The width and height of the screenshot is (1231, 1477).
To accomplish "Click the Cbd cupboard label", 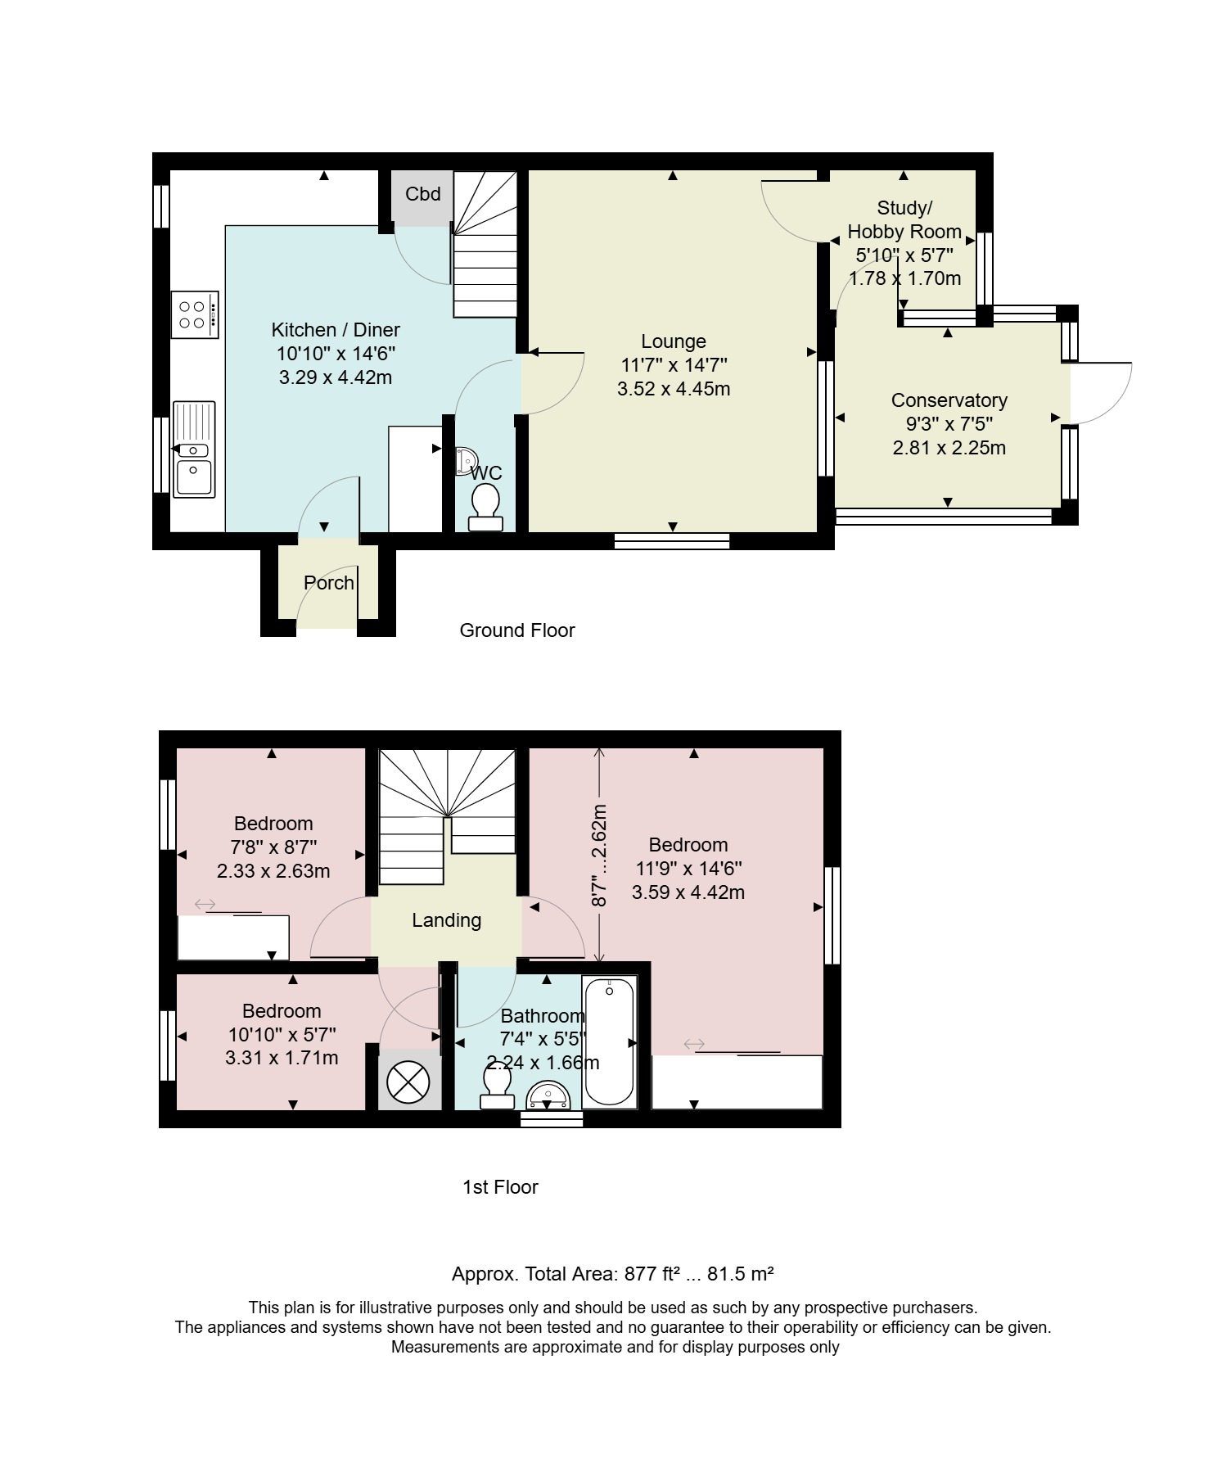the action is pos(423,194).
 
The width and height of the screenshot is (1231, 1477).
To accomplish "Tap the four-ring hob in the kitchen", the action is pos(195,314).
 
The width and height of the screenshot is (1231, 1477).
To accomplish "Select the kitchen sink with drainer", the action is pos(194,449).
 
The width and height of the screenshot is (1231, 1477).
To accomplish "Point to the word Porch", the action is pos(329,583).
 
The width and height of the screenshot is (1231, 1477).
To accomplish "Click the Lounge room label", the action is pos(674,341).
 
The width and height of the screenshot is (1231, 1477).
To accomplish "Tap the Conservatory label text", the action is pos(949,400).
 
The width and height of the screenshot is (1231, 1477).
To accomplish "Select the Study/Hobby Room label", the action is pos(904,219).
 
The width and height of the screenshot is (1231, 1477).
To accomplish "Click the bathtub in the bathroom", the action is pos(610,1041).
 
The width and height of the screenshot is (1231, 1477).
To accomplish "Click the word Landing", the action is pos(446,920).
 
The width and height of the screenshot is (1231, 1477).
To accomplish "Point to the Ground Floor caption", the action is pos(517,630).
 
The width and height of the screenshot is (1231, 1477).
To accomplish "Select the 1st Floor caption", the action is pos(500,1187).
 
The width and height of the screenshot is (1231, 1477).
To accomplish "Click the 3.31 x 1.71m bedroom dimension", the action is pos(282,1058).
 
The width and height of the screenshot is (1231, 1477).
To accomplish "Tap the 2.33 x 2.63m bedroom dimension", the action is pos(273,871).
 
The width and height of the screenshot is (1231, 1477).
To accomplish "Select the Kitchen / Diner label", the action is pos(336,330).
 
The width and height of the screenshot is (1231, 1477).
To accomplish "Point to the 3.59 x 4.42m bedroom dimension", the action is pos(688,892).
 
